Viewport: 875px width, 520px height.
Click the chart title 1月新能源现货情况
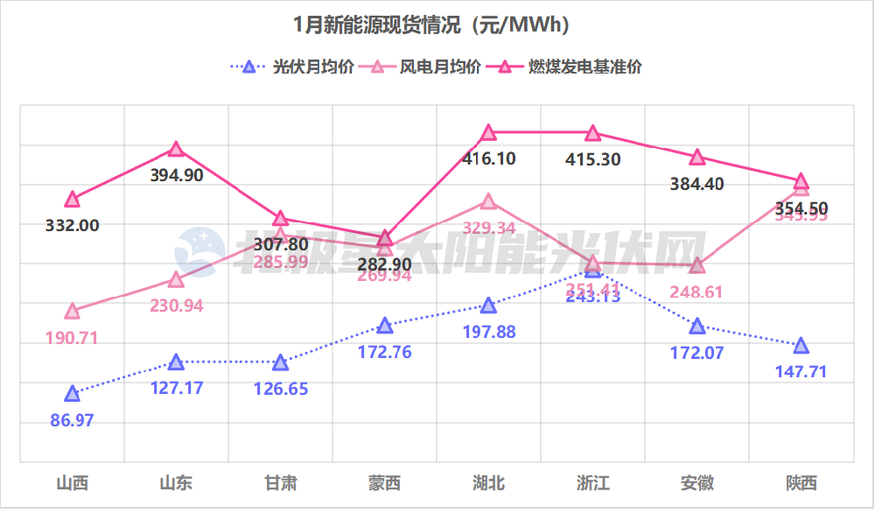coord(432,25)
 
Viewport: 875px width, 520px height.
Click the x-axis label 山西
coord(72,482)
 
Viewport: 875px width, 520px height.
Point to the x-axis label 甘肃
coord(280,482)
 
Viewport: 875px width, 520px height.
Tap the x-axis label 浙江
coord(592,482)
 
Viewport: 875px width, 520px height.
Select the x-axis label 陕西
coord(801,482)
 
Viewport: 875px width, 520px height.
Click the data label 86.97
coord(72,420)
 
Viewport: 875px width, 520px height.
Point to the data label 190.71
coord(72,338)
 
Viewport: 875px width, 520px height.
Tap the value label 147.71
coord(801,372)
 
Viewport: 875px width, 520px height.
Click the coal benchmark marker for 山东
coord(176,150)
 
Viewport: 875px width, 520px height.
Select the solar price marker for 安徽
coord(696,327)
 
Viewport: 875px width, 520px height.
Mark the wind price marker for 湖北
coord(488,202)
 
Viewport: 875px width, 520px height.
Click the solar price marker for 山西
coord(72,394)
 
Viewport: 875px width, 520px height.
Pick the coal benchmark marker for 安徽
coord(696,158)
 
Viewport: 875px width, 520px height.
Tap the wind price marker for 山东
coord(176,280)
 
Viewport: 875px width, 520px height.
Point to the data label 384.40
coord(696,184)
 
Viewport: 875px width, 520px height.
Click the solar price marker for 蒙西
coord(384,327)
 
